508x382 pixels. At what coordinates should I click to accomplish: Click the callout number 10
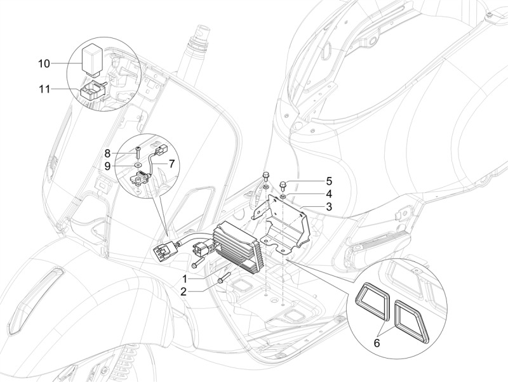point(44,63)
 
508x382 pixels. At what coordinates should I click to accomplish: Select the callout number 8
point(108,153)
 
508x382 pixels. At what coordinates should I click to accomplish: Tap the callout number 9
point(108,166)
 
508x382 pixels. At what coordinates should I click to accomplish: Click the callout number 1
point(184,279)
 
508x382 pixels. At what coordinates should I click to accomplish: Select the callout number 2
point(184,292)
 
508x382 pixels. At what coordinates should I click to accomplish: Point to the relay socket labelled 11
point(91,88)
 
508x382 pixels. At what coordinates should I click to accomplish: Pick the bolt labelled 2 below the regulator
point(222,277)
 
